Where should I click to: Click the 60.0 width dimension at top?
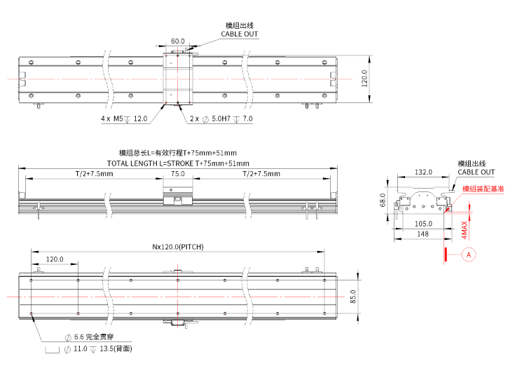pos(178,41)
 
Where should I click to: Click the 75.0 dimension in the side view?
pos(177,174)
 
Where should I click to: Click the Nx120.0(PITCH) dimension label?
pos(177,247)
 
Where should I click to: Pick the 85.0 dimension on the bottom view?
pos(353,297)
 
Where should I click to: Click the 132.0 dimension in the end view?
pos(423,171)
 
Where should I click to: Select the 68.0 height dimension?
pos(383,201)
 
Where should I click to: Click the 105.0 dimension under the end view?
pos(423,224)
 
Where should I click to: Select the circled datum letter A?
pos(468,256)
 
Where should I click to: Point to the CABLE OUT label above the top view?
pos(240,34)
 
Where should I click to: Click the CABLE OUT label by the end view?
pos(476,172)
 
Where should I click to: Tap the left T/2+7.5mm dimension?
pos(94,174)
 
